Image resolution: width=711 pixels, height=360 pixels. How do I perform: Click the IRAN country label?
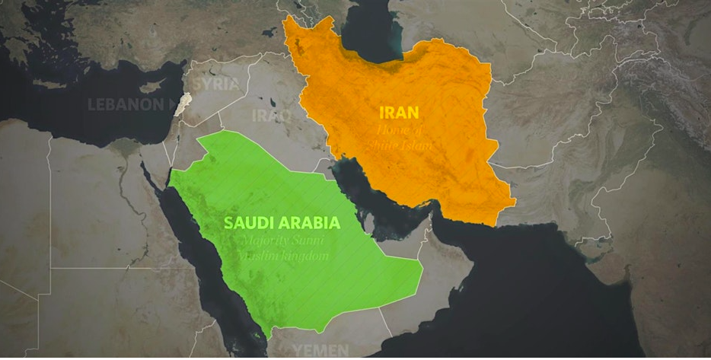click(x=399, y=113)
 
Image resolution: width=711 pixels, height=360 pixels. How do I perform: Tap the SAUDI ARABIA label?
click(x=282, y=224)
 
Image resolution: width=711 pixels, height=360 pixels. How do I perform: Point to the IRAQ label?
click(x=271, y=116)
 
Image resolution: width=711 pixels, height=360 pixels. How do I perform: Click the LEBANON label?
click(x=126, y=104)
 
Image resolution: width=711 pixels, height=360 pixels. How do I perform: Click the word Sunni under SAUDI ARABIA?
click(x=308, y=242)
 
